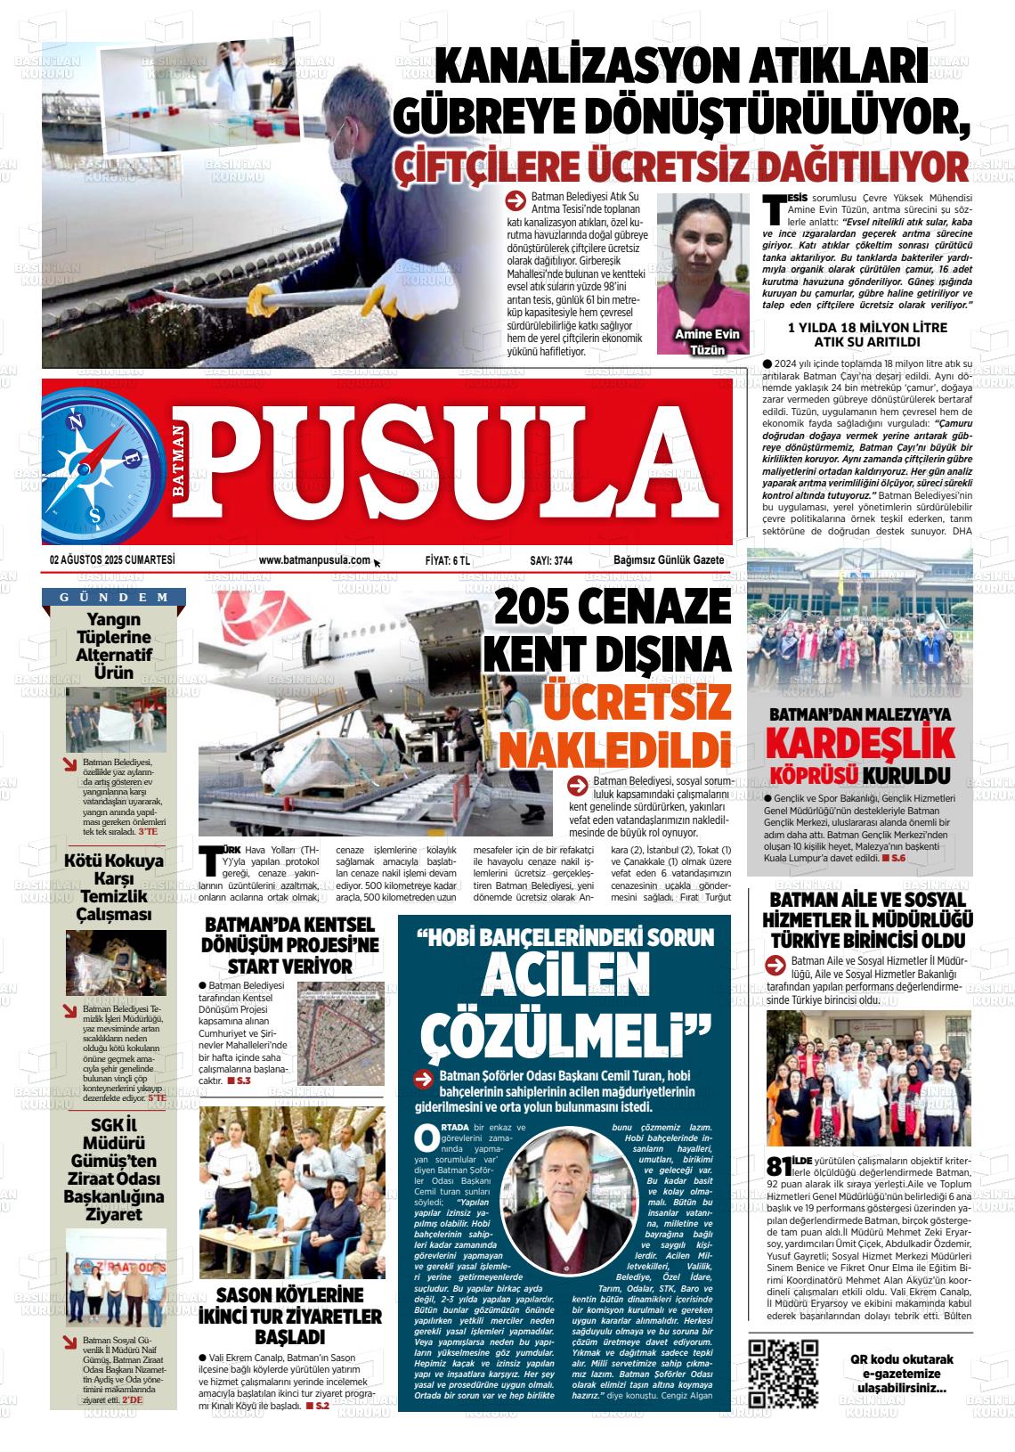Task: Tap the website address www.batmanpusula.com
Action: click(314, 560)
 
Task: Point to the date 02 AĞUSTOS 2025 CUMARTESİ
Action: click(112, 560)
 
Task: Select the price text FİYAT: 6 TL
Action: click(448, 560)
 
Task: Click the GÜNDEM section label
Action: click(115, 597)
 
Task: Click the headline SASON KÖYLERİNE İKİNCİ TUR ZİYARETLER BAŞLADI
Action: click(291, 1316)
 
